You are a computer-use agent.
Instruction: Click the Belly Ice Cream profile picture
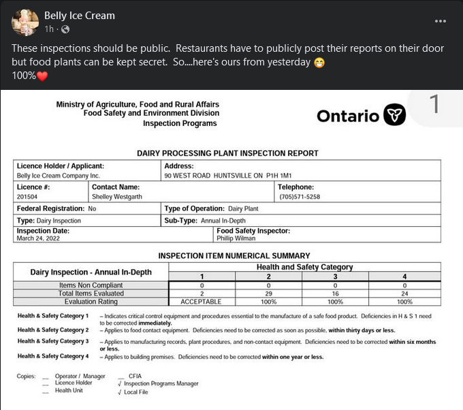[25, 22]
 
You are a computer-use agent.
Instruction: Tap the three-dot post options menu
[441, 20]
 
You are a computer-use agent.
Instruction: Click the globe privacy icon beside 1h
[66, 29]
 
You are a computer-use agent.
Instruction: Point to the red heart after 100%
[42, 76]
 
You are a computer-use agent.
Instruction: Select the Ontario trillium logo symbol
[394, 115]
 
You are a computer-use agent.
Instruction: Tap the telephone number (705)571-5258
[300, 197]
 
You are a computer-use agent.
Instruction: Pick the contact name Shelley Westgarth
[118, 197]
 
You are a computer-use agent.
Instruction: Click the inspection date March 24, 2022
[35, 239]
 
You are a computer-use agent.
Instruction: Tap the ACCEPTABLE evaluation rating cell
[201, 301]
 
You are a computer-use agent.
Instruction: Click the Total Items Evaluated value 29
[269, 293]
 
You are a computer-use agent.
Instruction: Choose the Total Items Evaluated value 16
[336, 293]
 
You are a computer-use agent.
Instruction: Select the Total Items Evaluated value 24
[404, 293]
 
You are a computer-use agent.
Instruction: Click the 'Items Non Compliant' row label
[91, 285]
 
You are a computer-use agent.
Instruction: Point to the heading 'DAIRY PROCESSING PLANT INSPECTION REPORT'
[227, 153]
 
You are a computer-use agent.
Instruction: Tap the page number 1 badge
[434, 105]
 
